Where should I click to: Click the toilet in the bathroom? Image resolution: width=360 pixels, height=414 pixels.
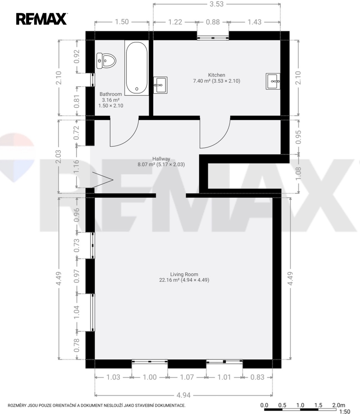(106, 61)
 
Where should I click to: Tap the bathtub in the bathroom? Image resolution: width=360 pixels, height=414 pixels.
(137, 68)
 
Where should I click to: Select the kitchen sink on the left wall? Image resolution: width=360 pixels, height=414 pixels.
(160, 85)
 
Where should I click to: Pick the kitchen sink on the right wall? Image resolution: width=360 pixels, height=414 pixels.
(273, 81)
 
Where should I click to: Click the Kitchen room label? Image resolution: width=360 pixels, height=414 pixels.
(216, 75)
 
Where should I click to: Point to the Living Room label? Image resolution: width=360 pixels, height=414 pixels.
(184, 274)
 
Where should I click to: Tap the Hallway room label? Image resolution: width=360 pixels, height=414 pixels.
(161, 159)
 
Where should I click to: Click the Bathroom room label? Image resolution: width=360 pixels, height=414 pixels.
(111, 94)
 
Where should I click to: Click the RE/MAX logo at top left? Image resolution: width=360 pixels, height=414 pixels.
(41, 19)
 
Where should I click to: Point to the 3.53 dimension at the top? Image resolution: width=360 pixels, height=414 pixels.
(216, 4)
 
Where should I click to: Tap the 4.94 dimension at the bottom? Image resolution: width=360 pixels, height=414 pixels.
(183, 395)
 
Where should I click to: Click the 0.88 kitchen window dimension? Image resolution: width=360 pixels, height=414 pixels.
(213, 22)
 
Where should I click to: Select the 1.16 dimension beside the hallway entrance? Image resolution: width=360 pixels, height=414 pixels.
(77, 167)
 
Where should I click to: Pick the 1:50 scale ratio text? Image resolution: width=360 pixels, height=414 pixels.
(344, 411)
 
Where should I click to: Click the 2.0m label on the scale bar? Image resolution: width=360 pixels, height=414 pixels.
(339, 405)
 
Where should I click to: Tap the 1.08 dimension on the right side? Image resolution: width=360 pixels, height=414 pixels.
(298, 174)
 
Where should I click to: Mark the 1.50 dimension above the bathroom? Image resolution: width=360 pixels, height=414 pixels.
(122, 21)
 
